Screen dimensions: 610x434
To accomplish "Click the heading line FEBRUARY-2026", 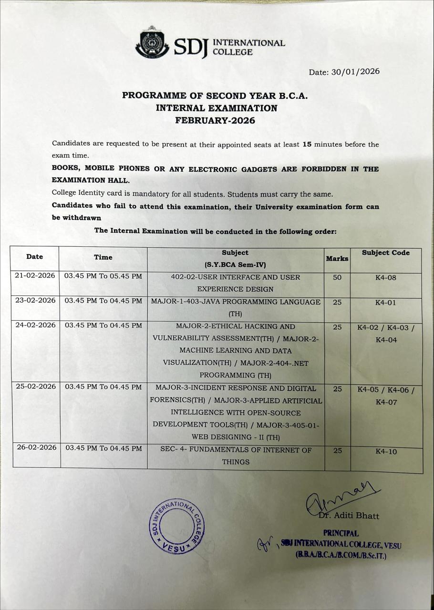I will tap(215, 121).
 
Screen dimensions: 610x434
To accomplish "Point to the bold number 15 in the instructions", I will tap(307, 144).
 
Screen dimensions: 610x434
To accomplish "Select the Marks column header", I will tap(337, 259).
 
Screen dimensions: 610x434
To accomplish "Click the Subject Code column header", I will tap(385, 253).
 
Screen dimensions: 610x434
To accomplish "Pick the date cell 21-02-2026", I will tap(35, 276).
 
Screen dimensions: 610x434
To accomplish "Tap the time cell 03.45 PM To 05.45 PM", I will tap(103, 276).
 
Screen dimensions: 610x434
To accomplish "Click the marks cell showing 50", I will tap(337, 277).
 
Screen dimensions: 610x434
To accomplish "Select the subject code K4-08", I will tap(386, 278).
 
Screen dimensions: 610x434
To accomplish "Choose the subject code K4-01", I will tap(386, 303).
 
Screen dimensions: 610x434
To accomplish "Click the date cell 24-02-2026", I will tap(36, 325).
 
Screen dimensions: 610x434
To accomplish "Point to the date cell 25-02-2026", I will tap(36, 387).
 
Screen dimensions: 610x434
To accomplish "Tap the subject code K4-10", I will tap(386, 451).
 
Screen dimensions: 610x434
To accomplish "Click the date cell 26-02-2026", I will tap(37, 448).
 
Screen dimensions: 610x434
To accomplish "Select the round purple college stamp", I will tap(177, 526).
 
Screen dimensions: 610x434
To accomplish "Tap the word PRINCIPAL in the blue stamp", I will tap(341, 534).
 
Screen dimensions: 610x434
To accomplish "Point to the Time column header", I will tap(103, 257).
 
